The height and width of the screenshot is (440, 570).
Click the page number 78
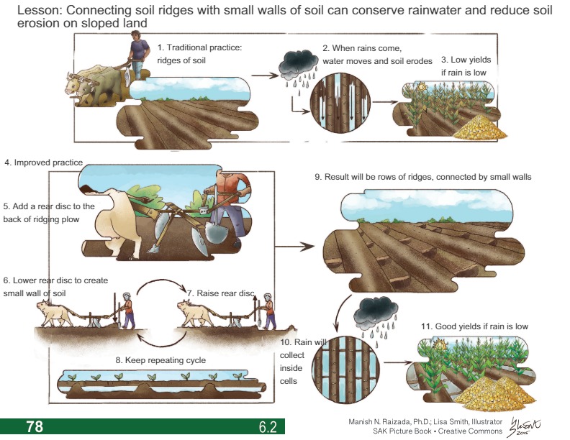point(35,426)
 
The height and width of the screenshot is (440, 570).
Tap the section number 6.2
point(268,427)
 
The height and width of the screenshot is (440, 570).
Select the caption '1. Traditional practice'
point(199,47)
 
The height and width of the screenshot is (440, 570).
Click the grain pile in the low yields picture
point(479,128)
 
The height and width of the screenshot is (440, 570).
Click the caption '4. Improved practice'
point(44,162)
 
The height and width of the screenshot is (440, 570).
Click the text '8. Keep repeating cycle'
point(160,359)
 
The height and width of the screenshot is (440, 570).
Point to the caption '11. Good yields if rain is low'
point(474,326)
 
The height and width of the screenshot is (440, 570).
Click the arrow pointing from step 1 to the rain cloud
point(268,75)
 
